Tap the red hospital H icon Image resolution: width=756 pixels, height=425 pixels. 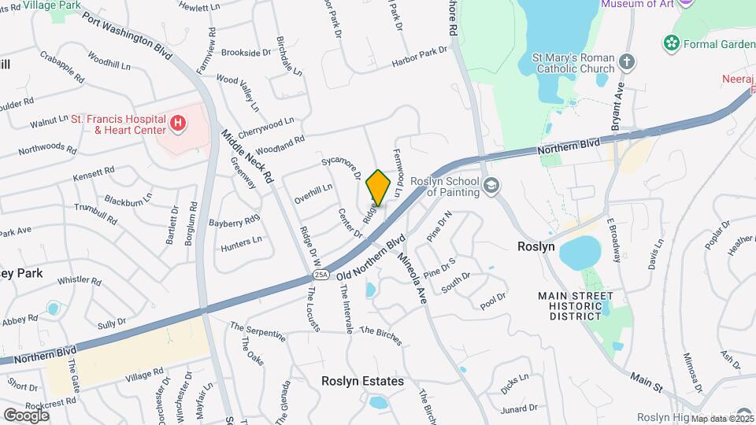coord(178,124)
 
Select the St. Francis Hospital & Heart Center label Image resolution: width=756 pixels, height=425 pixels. coord(119,124)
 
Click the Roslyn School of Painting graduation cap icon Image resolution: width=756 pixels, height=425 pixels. coord(492,186)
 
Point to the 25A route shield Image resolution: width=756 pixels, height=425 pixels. coord(321,274)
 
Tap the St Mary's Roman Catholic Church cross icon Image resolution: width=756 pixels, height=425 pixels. coord(627,61)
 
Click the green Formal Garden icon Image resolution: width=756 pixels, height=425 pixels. coord(672,42)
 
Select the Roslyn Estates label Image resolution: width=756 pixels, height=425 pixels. coord(362,381)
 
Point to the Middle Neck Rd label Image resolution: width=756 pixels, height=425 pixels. coord(246,156)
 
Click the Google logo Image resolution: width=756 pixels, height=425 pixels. coord(26,415)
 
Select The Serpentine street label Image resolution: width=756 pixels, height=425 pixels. coord(258,331)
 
